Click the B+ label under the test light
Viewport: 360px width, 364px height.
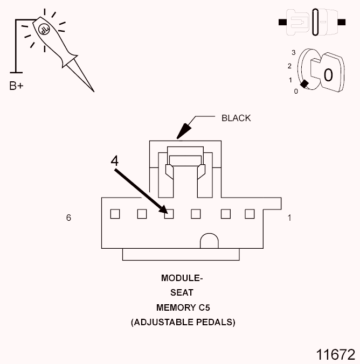pyautogui.click(x=16, y=86)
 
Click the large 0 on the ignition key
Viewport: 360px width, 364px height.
pyautogui.click(x=328, y=74)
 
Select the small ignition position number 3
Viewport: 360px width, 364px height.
pyautogui.click(x=293, y=53)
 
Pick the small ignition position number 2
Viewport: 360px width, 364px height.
pyautogui.click(x=290, y=66)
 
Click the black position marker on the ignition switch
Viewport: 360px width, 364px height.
pyautogui.click(x=306, y=83)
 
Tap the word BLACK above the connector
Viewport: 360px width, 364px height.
pyautogui.click(x=236, y=118)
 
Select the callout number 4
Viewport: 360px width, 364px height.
pyautogui.click(x=114, y=161)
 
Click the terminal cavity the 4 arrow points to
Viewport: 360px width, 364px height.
pyautogui.click(x=169, y=214)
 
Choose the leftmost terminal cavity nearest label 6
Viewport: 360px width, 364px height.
pyautogui.click(x=115, y=214)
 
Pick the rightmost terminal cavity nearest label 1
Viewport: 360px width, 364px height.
pyautogui.click(x=249, y=214)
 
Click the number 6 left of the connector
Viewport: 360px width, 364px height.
pyautogui.click(x=68, y=218)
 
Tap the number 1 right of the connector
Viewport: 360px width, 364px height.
pyautogui.click(x=289, y=218)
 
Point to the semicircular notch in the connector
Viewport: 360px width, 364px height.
pyautogui.click(x=210, y=242)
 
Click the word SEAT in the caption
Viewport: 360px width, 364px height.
pyautogui.click(x=182, y=293)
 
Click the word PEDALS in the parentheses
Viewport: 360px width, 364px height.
pyautogui.click(x=214, y=323)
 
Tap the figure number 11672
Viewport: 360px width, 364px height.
pyautogui.click(x=336, y=354)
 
